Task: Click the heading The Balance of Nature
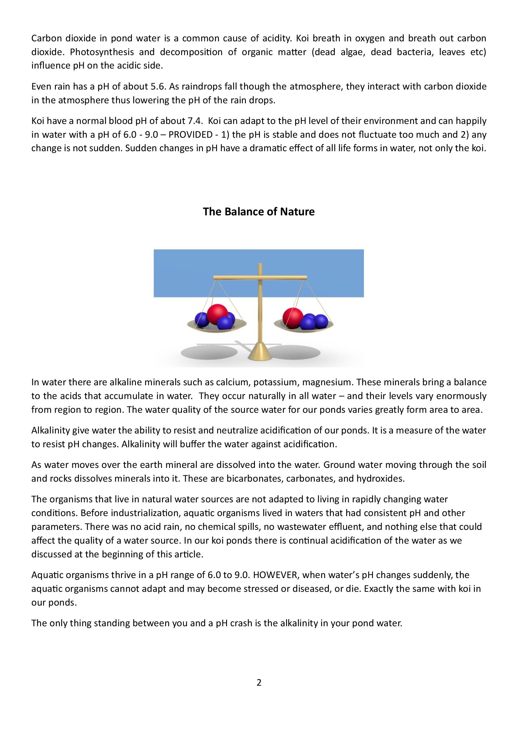pyautogui.click(x=259, y=212)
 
